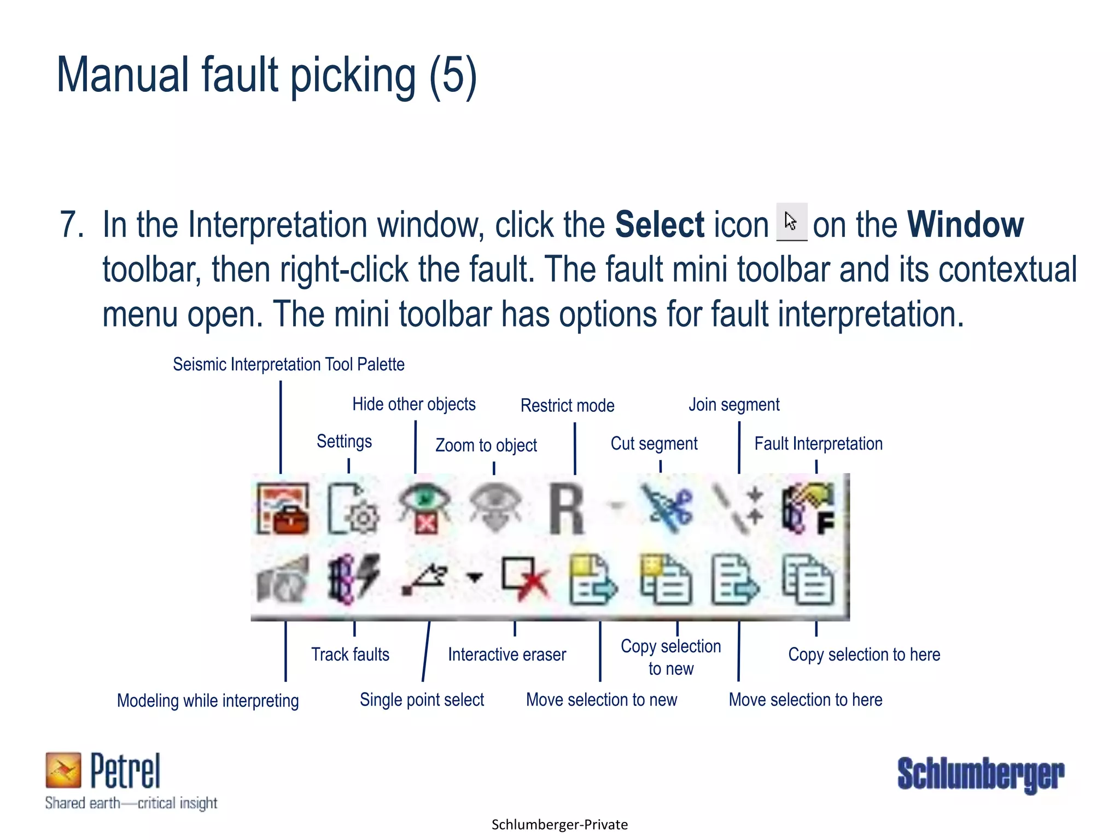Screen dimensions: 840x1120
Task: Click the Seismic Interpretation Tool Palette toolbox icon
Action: (283, 509)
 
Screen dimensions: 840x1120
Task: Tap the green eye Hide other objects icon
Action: (424, 508)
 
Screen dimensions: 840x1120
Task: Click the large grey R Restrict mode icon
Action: (567, 509)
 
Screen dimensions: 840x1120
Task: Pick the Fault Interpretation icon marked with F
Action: (809, 509)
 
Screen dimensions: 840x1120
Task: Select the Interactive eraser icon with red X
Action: (525, 579)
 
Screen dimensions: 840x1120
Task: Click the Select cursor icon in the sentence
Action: (791, 222)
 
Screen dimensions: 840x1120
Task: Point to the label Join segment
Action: (734, 405)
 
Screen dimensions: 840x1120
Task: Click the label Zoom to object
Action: (486, 445)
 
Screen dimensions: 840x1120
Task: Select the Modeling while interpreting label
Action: (208, 701)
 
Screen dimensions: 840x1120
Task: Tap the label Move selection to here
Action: (805, 699)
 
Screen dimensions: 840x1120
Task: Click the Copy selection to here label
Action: (864, 654)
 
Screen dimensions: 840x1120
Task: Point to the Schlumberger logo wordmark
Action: (981, 774)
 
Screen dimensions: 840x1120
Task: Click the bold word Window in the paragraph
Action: (965, 225)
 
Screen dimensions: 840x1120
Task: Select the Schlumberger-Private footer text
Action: (559, 825)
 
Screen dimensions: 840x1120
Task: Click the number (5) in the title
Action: (453, 76)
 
